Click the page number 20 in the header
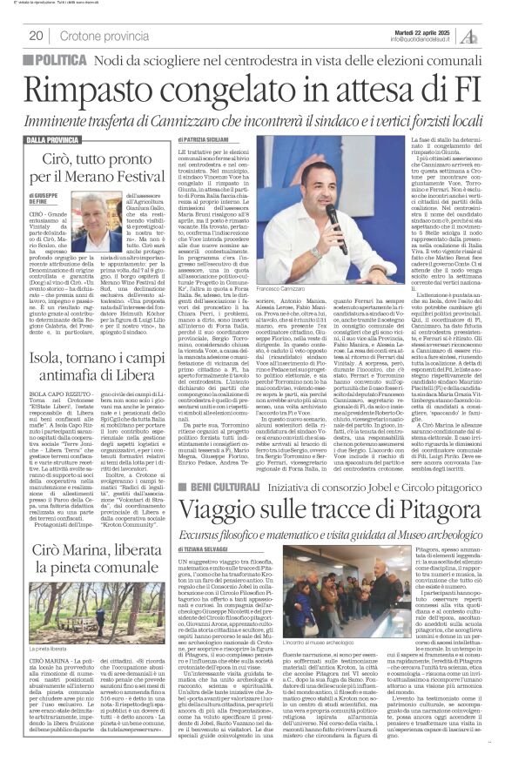[x=36, y=36]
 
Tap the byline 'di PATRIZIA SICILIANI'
[x=207, y=139]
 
